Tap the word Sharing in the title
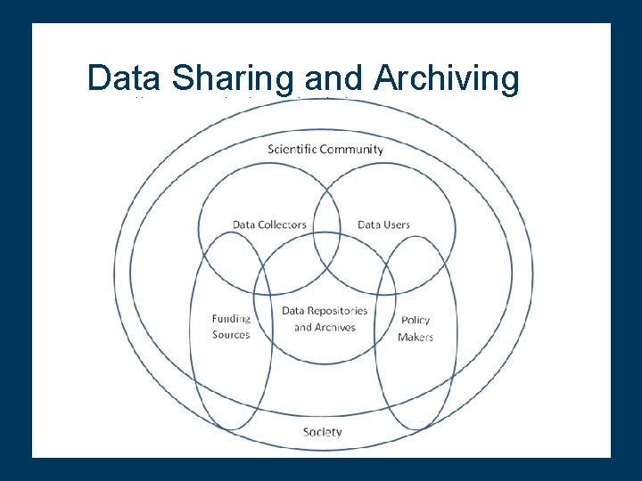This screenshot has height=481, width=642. click(x=233, y=78)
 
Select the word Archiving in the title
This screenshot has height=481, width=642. click(x=447, y=78)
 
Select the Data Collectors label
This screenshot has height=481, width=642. click(x=269, y=224)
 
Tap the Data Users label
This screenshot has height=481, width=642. click(x=383, y=224)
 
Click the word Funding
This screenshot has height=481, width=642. click(x=231, y=319)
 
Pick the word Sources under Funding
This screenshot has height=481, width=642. click(x=231, y=335)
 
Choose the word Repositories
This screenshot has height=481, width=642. click(x=338, y=311)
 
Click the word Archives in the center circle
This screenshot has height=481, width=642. click(x=335, y=327)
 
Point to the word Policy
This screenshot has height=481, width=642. click(x=416, y=321)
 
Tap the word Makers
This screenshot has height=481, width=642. click(x=416, y=337)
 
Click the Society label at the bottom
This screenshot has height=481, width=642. click(x=322, y=432)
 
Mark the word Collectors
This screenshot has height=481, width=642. click(x=283, y=224)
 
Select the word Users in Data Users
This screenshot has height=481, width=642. click(x=397, y=224)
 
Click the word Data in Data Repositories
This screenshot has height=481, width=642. click(x=293, y=311)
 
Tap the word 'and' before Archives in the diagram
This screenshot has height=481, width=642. click(x=302, y=327)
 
